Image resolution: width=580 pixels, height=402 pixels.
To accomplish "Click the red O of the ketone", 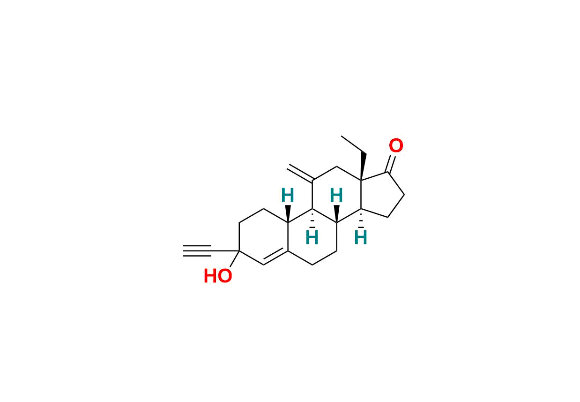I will (x=396, y=146).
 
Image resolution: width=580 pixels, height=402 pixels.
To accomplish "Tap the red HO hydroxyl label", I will (x=218, y=276).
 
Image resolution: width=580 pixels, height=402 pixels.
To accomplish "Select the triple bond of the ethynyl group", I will (x=197, y=251).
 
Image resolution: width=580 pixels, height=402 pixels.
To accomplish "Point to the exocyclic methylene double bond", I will (x=300, y=173).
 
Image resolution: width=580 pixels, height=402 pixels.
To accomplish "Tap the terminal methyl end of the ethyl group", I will (x=342, y=137).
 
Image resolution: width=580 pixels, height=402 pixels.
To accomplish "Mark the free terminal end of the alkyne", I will (x=184, y=251).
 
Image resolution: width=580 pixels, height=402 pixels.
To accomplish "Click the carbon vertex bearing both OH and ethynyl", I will (x=239, y=251).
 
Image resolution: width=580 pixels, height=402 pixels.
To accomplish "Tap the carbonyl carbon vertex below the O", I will (x=387, y=172).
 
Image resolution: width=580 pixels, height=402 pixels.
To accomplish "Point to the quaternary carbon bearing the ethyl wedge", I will (x=361, y=180).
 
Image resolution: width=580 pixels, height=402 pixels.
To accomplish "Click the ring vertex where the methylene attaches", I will (x=312, y=180).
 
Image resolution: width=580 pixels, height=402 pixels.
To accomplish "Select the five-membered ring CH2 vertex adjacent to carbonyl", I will (x=404, y=194).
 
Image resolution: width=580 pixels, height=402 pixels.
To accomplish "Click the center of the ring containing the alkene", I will (x=264, y=237).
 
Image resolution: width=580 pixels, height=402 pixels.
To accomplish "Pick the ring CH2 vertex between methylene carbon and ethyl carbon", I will (x=337, y=167).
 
